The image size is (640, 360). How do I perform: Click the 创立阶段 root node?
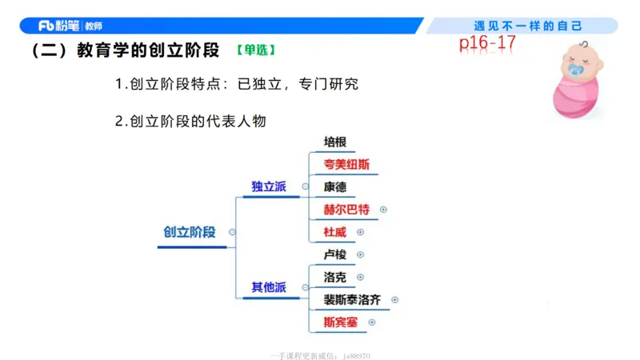coord(190,232)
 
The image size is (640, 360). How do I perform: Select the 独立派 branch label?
coord(269,186)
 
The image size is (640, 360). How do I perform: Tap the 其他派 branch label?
coord(269,287)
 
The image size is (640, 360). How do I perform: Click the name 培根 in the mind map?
coord(334,142)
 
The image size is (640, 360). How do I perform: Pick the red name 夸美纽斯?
coord(346,165)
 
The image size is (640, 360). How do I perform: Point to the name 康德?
coord(334,187)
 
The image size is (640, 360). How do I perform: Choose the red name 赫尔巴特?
coord(346,210)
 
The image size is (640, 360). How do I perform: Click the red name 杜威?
coord(334,232)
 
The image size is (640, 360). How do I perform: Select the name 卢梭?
coord(334,254)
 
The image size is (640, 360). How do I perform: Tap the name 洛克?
coord(334,277)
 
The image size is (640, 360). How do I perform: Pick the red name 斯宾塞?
coord(340,322)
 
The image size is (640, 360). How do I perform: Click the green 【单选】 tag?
coord(256,50)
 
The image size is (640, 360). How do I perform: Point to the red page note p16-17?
coord(487,43)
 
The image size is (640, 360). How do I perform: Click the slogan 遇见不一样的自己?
coord(528,26)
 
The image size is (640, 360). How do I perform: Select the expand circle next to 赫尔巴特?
coord(383,210)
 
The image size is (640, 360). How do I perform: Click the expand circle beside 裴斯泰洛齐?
coord(394,300)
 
